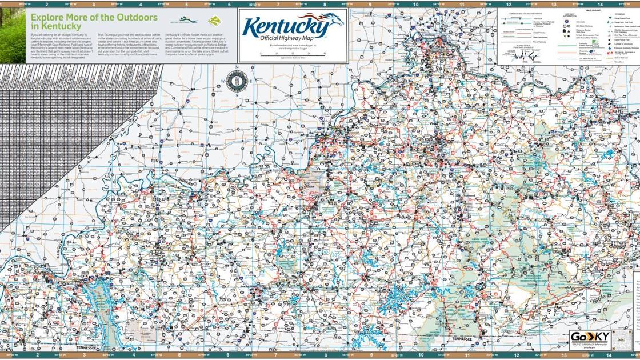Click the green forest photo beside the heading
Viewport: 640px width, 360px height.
tap(13, 31)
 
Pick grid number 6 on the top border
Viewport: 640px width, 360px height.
tap(229, 3)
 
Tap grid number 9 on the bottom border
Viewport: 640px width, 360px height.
tap(369, 355)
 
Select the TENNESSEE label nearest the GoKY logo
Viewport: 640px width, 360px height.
tap(462, 339)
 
